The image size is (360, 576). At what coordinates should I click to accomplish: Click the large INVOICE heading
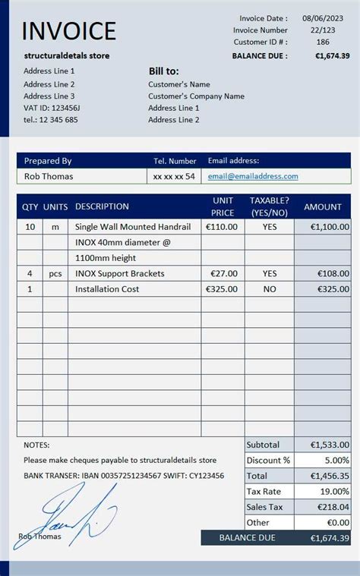(x=69, y=31)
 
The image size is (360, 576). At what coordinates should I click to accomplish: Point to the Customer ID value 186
(x=324, y=42)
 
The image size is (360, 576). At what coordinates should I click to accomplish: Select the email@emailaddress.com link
(x=253, y=176)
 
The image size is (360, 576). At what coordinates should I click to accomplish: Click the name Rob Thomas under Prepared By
(x=49, y=176)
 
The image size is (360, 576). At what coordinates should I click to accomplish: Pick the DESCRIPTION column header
(x=102, y=206)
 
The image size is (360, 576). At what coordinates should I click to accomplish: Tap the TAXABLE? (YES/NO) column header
(x=270, y=206)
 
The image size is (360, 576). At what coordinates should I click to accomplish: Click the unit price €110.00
(x=222, y=226)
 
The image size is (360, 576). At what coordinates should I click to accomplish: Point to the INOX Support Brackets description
(x=120, y=273)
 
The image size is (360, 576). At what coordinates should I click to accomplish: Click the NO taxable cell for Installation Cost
(x=270, y=289)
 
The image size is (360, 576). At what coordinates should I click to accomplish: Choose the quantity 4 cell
(x=30, y=273)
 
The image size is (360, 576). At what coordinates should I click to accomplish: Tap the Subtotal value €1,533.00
(x=330, y=445)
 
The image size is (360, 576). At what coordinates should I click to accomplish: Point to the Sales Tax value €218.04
(x=330, y=507)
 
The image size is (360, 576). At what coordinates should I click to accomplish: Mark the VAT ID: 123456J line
(x=52, y=108)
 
